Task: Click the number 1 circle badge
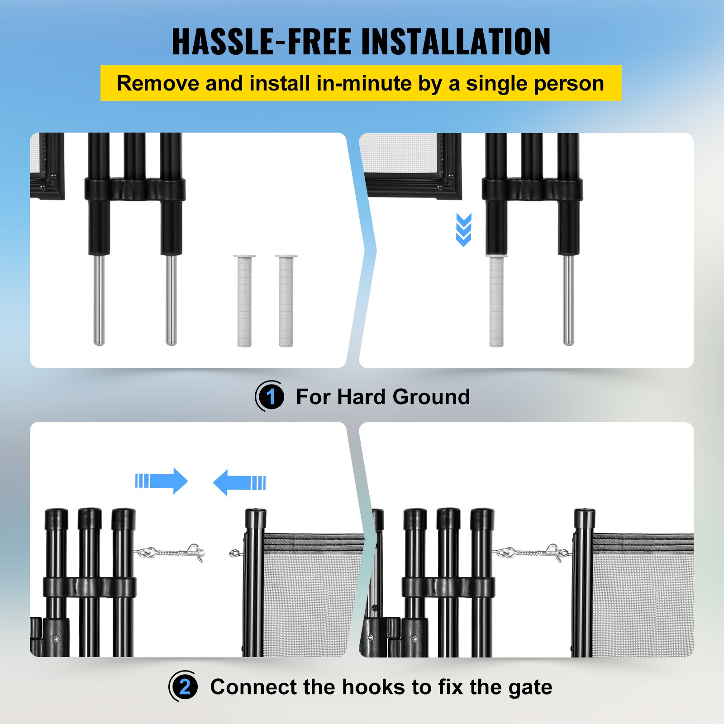271,397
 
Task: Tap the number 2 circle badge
184,687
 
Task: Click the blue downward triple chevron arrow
464,229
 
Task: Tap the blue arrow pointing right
162,481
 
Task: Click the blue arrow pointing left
239,482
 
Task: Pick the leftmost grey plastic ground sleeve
244,301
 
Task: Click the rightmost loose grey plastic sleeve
286,301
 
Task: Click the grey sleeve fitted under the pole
496,301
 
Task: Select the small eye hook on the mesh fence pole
236,553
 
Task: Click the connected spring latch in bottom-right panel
532,553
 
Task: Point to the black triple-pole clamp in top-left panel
135,189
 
